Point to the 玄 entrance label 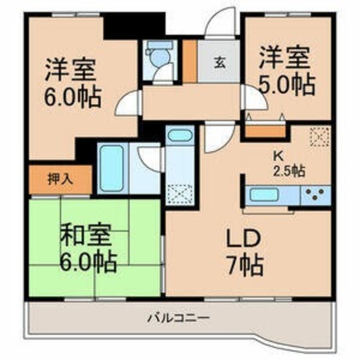click(x=219, y=62)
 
